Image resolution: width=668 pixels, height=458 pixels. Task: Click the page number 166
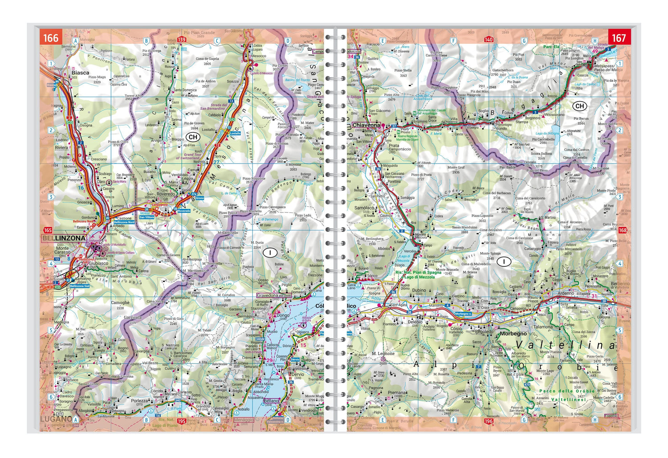[50, 37]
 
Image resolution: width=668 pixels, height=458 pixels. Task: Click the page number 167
[619, 37]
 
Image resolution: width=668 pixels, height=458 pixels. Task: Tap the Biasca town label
[80, 73]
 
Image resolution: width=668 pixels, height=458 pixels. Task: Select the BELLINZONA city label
[64, 238]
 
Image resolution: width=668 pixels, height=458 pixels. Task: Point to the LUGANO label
[56, 419]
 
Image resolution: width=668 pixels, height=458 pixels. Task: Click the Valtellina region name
[566, 345]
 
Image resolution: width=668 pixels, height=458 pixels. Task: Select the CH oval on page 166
[193, 137]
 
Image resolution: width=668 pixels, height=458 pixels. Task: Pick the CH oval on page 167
[579, 106]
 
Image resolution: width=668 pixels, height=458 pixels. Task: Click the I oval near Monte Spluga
[504, 262]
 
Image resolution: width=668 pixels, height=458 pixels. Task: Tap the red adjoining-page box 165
[47, 230]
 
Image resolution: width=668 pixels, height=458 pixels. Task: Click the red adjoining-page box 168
[623, 230]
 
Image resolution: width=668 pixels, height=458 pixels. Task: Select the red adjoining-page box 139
[181, 40]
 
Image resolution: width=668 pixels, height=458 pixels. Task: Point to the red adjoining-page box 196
[489, 421]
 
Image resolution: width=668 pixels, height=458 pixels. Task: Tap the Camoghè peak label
[120, 303]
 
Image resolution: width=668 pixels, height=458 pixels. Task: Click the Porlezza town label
[139, 401]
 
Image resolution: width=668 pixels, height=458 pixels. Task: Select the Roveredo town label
[166, 194]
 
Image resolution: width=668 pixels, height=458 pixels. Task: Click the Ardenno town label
[565, 293]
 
